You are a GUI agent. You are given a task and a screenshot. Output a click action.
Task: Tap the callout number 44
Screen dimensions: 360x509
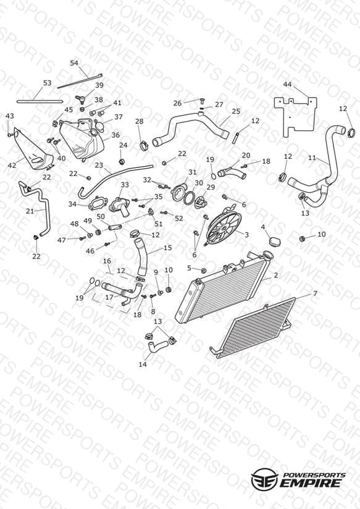(x=287, y=85)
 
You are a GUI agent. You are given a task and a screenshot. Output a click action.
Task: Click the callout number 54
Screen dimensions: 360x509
(x=74, y=62)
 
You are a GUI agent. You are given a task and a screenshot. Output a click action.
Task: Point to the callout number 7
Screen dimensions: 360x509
(x=315, y=293)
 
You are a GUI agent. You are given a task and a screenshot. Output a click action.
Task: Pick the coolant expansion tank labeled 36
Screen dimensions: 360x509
(x=81, y=139)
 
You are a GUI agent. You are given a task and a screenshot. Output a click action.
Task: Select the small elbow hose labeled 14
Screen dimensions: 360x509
(x=156, y=345)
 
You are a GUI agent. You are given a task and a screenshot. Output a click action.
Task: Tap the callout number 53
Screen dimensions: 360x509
(x=48, y=83)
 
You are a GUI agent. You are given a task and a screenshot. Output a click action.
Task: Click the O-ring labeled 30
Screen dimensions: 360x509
(x=190, y=198)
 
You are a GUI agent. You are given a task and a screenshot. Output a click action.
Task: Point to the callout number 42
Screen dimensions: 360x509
(x=12, y=166)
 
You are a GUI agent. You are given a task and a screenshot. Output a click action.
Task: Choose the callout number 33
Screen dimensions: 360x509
(x=125, y=185)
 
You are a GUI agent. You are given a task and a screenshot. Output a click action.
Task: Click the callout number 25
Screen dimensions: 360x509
(x=236, y=111)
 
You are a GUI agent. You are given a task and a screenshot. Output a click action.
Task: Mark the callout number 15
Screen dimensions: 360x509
(x=167, y=248)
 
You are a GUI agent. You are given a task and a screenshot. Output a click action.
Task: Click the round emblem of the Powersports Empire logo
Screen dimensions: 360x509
(x=264, y=479)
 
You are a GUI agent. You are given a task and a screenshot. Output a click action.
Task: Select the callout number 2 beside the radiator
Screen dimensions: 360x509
(x=275, y=276)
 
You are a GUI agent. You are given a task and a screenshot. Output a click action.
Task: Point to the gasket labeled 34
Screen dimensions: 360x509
(x=97, y=203)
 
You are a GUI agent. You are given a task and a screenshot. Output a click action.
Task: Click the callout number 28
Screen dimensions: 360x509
(x=140, y=121)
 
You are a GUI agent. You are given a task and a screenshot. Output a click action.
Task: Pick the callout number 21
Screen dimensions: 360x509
(x=30, y=211)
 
